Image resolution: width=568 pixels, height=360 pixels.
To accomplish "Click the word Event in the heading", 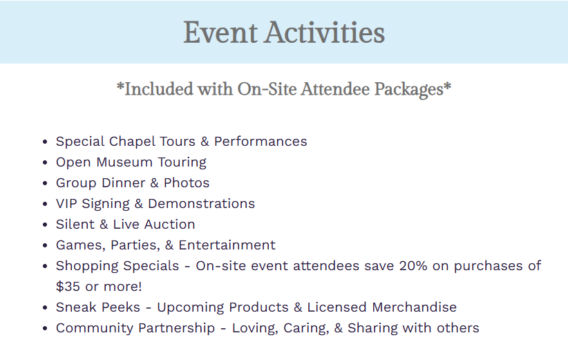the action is (220, 32).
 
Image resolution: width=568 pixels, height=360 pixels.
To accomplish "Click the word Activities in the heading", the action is (324, 32).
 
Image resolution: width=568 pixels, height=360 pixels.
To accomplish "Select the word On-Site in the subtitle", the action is (267, 89).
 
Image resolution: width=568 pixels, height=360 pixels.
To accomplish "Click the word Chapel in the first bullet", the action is (132, 142).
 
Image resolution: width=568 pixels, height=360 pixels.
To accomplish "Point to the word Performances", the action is (261, 142).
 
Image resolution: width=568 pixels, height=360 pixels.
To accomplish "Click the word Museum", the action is (124, 162).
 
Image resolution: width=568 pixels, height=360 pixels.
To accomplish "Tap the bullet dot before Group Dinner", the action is (45, 183).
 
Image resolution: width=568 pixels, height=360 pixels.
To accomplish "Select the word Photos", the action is (187, 183).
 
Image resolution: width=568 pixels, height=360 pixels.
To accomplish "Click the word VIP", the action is (66, 204).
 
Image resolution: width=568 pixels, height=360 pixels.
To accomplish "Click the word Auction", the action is (169, 225).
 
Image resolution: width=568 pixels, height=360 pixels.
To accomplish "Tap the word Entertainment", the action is (227, 245).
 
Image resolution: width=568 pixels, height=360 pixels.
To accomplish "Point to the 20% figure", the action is (413, 266).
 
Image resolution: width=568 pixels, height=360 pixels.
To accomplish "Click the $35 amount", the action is (68, 287).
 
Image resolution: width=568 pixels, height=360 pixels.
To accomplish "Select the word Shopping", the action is (117, 266).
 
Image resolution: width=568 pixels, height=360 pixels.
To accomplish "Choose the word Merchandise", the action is (415, 307).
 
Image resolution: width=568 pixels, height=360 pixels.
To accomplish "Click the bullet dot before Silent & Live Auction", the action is (45, 225).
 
